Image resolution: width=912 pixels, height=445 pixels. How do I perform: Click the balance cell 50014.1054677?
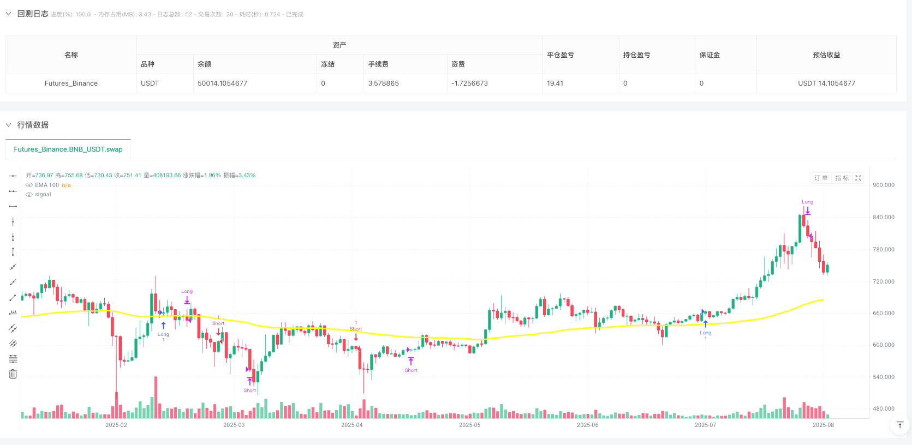(x=222, y=83)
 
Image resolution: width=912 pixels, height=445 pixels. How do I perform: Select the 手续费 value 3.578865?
(x=383, y=83)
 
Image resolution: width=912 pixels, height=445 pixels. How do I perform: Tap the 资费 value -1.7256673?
(x=469, y=83)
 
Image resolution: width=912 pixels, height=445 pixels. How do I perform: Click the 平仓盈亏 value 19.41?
(x=555, y=83)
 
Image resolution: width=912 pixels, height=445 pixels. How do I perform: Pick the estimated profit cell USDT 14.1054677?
(x=826, y=83)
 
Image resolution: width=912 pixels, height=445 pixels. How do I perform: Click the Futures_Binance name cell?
(x=71, y=83)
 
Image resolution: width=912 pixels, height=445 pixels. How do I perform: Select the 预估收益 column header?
(x=826, y=55)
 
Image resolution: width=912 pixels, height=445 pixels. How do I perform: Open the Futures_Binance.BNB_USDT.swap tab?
(x=68, y=149)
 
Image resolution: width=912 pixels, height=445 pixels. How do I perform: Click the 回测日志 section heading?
(x=33, y=14)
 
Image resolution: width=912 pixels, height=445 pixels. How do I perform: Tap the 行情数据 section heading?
(x=33, y=125)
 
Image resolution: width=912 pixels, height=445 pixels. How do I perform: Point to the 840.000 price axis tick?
(x=883, y=217)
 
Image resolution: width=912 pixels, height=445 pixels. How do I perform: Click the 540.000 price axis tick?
(x=883, y=377)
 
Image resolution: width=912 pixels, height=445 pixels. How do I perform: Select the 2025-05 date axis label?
(x=469, y=425)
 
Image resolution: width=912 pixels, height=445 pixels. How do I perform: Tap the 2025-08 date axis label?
(x=823, y=425)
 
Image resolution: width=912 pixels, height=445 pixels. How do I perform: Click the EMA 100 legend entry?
(x=47, y=185)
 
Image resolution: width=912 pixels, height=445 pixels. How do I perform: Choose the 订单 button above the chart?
(x=821, y=178)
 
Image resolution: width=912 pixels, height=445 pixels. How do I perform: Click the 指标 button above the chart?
(x=842, y=178)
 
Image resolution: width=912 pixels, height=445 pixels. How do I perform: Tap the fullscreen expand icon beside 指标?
(x=858, y=178)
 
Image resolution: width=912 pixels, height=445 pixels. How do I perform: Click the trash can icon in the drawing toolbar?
(x=13, y=374)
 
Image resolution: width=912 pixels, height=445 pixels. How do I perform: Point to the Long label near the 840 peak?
(x=807, y=202)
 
